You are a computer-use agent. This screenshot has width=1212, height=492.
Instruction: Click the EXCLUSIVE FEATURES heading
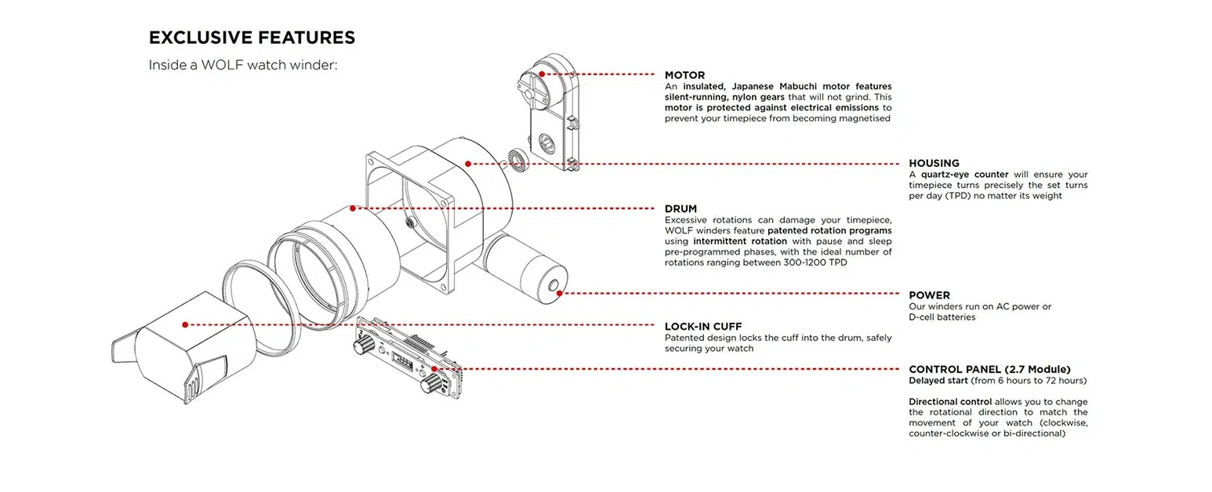(x=252, y=38)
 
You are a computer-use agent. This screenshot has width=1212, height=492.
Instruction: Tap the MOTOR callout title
(x=684, y=75)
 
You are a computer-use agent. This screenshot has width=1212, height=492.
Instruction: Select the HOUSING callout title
(x=934, y=164)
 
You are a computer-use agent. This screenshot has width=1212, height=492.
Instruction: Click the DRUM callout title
(x=680, y=209)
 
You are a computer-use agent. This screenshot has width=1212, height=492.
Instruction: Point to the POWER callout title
(x=929, y=295)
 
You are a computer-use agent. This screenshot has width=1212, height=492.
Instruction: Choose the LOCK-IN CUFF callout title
(x=702, y=327)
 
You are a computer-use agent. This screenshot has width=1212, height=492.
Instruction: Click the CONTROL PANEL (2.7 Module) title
(x=989, y=369)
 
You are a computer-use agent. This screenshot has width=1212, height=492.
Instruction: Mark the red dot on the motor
(x=542, y=74)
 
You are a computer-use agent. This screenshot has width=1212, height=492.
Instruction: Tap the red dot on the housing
(x=468, y=164)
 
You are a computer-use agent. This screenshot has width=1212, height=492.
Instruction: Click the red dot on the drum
(x=353, y=208)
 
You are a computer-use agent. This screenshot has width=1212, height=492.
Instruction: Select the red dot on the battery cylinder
(x=559, y=294)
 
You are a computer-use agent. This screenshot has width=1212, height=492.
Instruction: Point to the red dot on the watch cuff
(x=185, y=324)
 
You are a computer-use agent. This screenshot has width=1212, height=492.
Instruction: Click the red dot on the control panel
(x=434, y=369)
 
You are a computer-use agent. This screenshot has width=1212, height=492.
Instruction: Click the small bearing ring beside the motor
(x=517, y=158)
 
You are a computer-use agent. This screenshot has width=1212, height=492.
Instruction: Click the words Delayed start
(x=938, y=381)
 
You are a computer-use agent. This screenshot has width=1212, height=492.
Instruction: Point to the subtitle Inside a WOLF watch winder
(x=242, y=65)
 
